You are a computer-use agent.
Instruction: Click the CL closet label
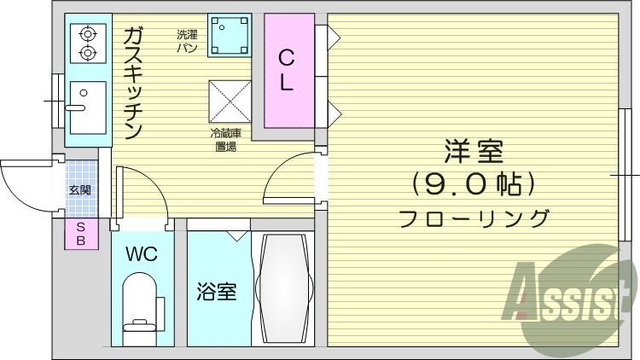click(x=287, y=71)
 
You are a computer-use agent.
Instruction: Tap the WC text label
click(x=142, y=254)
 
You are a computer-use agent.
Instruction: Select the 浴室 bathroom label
click(x=217, y=292)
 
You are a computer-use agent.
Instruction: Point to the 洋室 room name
click(x=474, y=152)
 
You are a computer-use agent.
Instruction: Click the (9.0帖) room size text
click(x=474, y=184)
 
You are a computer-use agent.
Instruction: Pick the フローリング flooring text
click(x=474, y=218)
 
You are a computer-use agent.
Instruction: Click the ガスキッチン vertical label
click(x=133, y=83)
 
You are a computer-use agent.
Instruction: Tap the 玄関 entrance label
click(x=79, y=189)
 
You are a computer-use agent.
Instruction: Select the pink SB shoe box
click(x=81, y=234)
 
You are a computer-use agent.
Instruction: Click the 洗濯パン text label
click(x=188, y=41)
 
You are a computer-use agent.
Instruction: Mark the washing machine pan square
click(x=230, y=36)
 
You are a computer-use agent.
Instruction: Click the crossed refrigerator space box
click(x=230, y=102)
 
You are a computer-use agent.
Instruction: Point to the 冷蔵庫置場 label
click(x=226, y=140)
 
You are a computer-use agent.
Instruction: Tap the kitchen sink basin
click(x=88, y=107)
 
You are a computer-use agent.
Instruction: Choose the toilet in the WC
click(x=140, y=303)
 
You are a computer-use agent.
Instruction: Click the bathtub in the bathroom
click(x=283, y=288)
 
